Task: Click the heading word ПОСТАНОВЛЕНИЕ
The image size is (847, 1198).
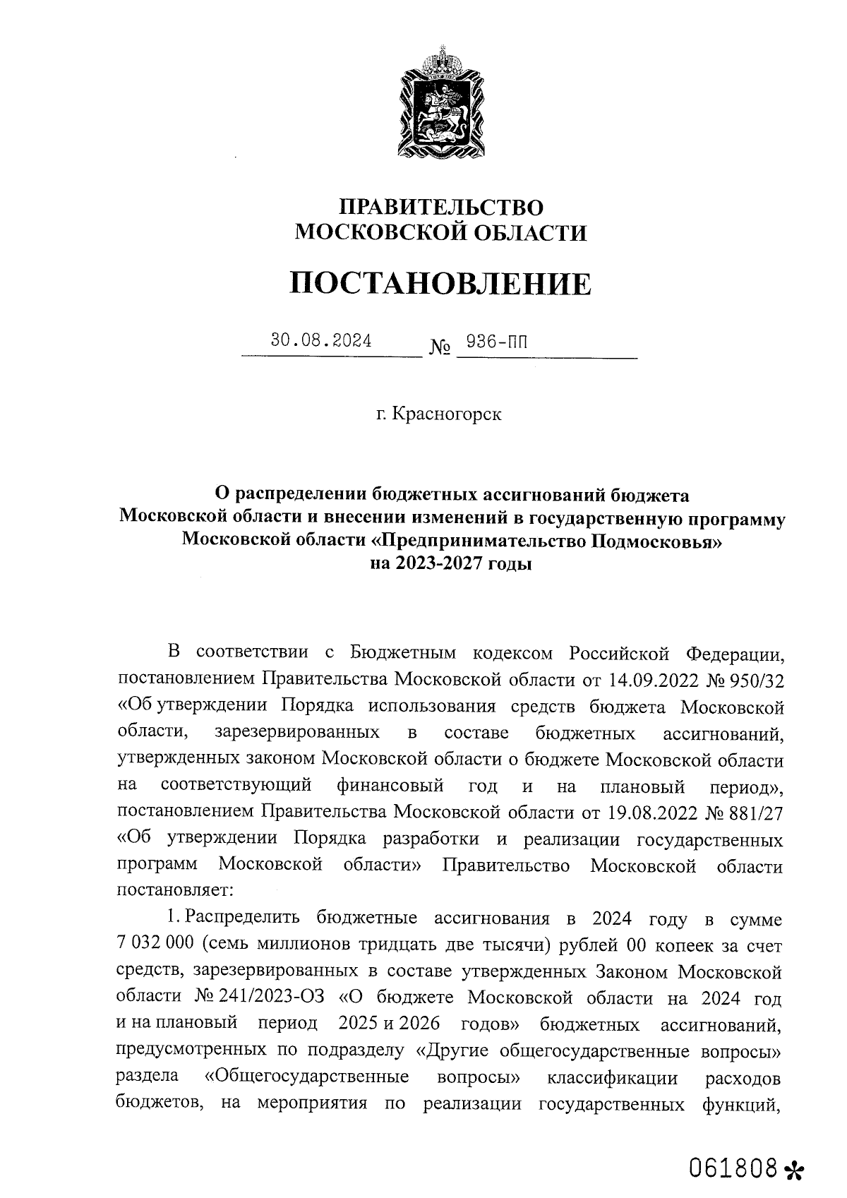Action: pos(440,284)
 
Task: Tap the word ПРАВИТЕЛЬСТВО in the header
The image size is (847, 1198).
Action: pos(442,207)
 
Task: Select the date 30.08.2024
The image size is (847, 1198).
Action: pos(321,341)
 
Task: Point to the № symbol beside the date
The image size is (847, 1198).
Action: pos(439,348)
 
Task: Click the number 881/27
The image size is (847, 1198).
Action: pos(758,813)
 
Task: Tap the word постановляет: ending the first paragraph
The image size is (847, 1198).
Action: pos(173,887)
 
